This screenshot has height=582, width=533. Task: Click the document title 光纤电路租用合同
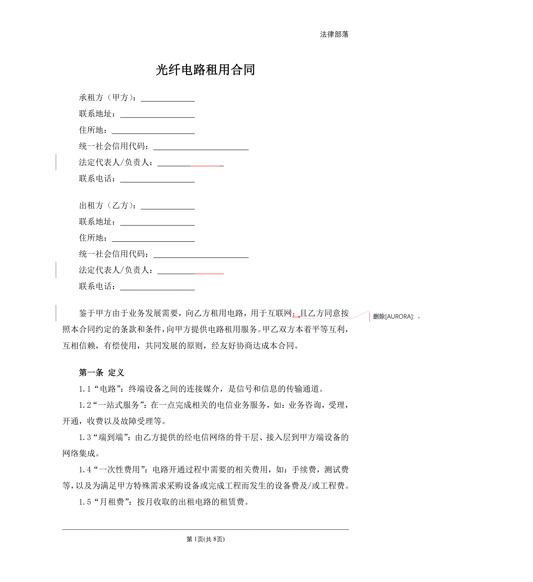coord(205,70)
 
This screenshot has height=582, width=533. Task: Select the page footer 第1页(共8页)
coord(205,539)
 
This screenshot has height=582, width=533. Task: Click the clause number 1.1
coord(85,389)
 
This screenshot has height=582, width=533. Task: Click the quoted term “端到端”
coord(111,438)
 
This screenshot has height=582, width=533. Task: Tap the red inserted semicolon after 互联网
coord(294,314)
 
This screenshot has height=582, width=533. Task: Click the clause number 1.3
coord(85,438)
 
